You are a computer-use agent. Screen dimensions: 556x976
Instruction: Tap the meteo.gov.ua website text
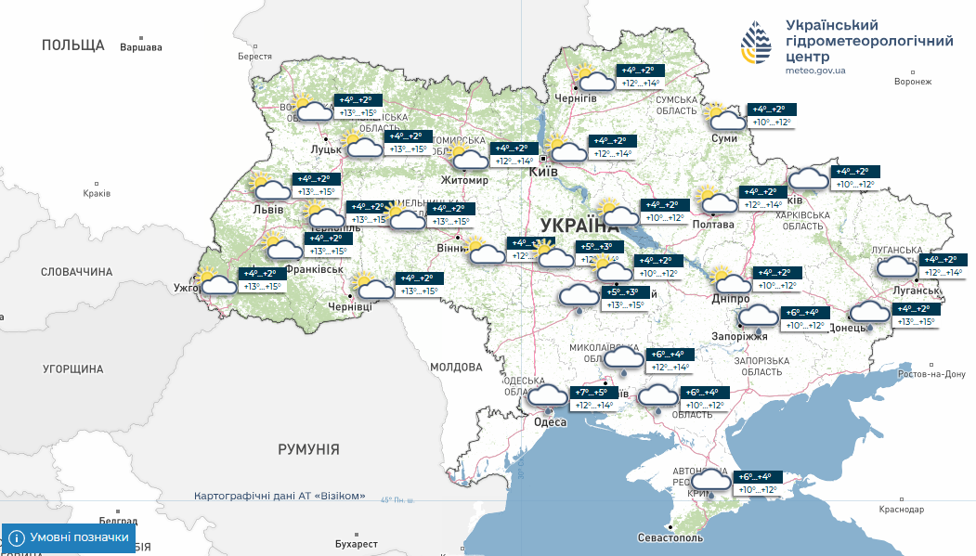pos(814,71)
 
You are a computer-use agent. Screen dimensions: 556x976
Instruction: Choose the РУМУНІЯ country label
pos(308,449)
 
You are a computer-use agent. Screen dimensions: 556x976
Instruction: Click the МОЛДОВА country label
pos(455,368)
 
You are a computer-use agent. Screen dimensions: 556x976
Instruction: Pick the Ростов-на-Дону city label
pos(932,374)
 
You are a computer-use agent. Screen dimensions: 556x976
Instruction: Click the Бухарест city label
pos(358,543)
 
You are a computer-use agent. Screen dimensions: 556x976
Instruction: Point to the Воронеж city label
pos(912,82)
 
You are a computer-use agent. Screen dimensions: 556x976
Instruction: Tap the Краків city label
pos(96,193)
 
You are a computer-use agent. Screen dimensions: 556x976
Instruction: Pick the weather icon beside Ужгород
pos(218,280)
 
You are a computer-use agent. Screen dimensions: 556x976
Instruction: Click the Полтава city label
pos(713,225)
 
